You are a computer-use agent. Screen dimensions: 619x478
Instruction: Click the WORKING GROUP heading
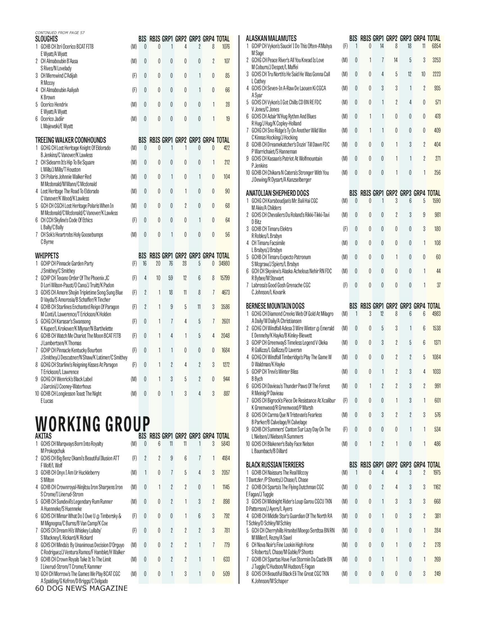92,424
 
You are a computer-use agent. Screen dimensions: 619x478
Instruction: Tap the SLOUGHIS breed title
46,39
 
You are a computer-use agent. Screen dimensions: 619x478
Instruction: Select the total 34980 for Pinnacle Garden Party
224,264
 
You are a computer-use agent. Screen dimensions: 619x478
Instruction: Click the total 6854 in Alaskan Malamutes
436,46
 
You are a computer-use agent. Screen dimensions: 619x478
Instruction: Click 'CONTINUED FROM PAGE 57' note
60,33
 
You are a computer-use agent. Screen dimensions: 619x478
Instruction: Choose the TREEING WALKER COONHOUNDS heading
71,140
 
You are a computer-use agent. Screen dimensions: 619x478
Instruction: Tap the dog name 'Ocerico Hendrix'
54,104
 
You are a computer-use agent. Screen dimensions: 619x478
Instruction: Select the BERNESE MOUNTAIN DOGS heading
275,306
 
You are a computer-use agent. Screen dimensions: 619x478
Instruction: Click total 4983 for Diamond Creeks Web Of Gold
436,314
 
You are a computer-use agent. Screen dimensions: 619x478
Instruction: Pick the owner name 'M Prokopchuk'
53,451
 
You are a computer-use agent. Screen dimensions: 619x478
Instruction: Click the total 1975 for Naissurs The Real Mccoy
437,472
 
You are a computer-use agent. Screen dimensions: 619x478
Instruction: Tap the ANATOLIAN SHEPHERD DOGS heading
277,193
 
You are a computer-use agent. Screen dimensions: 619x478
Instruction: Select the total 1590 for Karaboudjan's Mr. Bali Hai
436,201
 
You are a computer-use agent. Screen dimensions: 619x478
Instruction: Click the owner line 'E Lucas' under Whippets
47,401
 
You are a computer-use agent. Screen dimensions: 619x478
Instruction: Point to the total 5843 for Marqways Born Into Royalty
225,443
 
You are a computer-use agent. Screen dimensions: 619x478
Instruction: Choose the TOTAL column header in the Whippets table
223,256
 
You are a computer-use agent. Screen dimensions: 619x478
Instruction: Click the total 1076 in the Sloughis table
226,46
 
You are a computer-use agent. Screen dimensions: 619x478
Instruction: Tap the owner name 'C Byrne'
47,242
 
